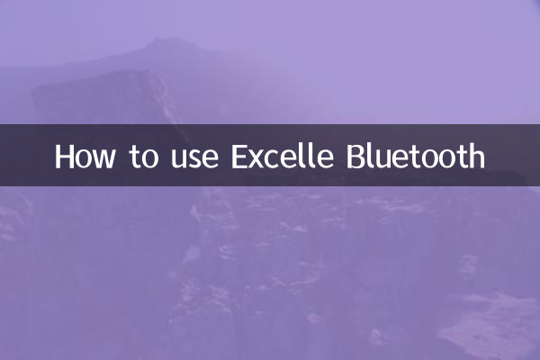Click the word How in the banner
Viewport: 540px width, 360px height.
(85, 156)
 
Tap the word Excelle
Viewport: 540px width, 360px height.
(283, 156)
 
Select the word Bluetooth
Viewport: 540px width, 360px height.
(416, 156)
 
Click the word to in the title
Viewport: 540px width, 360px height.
(143, 157)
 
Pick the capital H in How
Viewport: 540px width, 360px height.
(65, 156)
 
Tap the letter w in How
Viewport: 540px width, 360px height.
(104, 158)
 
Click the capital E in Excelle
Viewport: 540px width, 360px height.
(240, 156)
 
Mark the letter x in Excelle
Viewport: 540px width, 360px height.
(258, 158)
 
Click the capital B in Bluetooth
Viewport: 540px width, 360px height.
(355, 156)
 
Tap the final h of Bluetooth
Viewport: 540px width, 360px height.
(476, 156)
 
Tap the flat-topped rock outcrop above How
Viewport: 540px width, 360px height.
(99, 90)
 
